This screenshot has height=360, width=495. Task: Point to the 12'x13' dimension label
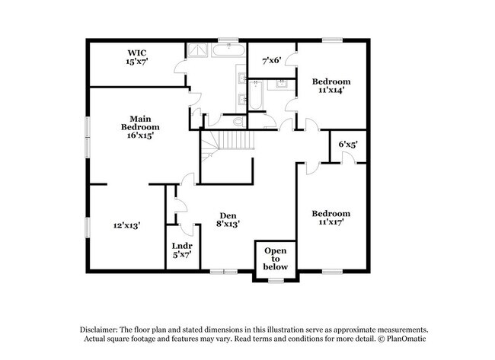tap(127, 225)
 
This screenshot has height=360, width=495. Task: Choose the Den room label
tap(228, 215)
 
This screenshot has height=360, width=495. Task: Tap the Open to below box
tap(276, 259)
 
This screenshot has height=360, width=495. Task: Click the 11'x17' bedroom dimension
tap(331, 224)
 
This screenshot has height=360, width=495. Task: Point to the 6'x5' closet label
tap(348, 144)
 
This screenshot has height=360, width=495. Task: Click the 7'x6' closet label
tap(272, 60)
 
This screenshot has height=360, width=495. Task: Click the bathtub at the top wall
tap(228, 52)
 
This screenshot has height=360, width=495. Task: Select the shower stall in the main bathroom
tap(198, 49)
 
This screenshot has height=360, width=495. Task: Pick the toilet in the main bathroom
tap(238, 121)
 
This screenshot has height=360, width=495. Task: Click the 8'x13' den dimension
tap(228, 225)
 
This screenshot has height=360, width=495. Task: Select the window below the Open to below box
tap(276, 281)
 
